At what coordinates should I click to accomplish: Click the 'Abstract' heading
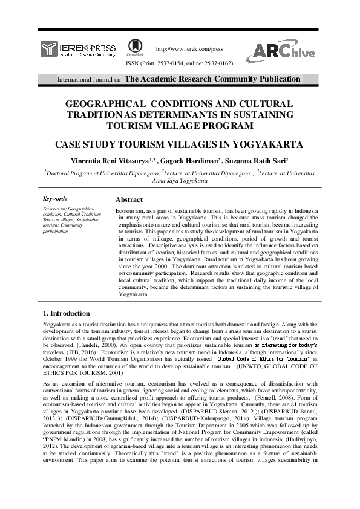click(x=129, y=199)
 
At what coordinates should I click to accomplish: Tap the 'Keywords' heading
click(x=55, y=198)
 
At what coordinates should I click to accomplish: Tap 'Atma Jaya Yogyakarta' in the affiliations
click(x=180, y=180)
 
